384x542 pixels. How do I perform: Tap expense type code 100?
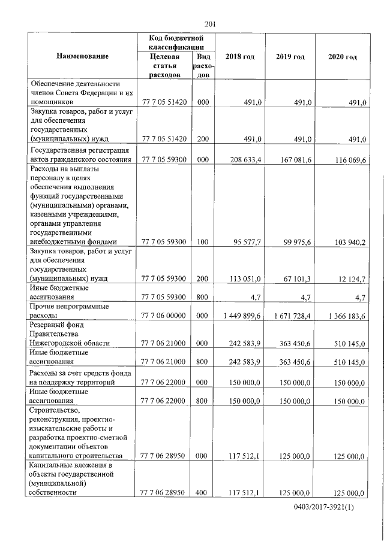202,242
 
